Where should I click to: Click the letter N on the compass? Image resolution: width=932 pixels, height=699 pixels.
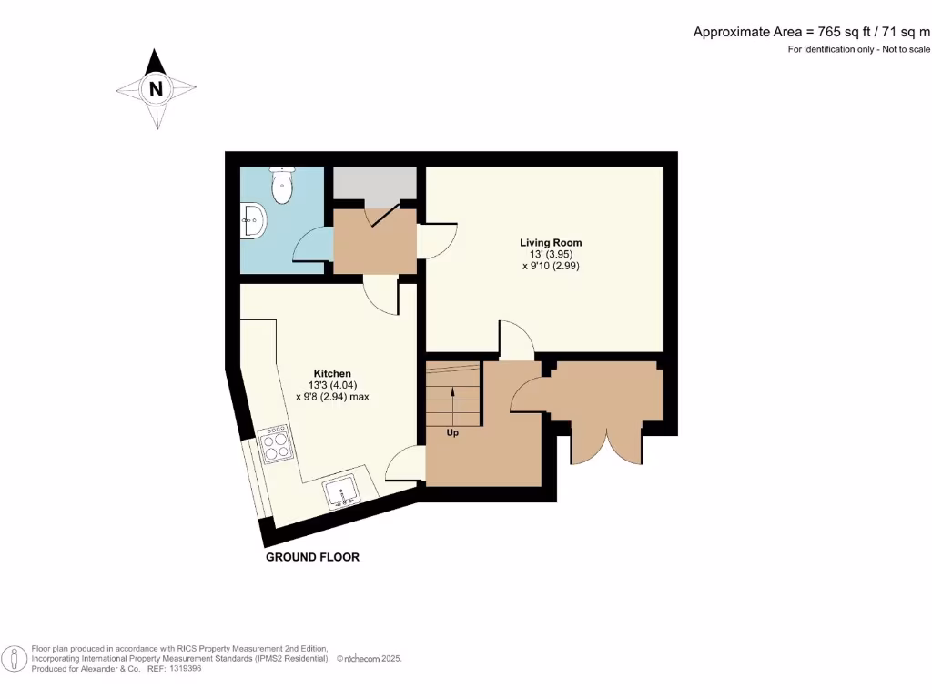(157, 89)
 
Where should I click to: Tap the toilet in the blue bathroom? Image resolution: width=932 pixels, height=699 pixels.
(282, 186)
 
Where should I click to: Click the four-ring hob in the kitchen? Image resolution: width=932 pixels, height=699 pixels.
(276, 446)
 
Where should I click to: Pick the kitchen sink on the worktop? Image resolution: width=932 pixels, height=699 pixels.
(341, 492)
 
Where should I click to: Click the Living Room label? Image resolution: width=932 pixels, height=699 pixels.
(551, 242)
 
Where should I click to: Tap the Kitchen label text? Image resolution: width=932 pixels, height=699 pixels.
(332, 374)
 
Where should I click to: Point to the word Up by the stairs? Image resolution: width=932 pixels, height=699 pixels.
(452, 433)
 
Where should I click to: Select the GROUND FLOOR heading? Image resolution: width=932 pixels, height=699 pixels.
(312, 557)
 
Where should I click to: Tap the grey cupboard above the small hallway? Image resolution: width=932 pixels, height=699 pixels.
(374, 183)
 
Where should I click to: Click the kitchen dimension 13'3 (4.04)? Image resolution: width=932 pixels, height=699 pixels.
(332, 385)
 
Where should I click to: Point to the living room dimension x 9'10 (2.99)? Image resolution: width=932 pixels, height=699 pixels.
(551, 267)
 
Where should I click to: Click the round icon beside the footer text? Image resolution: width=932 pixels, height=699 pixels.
(14, 657)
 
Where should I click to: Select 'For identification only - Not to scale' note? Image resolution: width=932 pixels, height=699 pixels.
(858, 49)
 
